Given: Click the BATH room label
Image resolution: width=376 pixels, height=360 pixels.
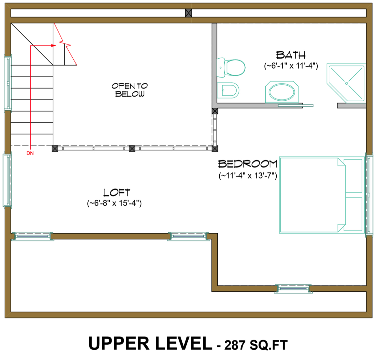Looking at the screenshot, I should [291, 55].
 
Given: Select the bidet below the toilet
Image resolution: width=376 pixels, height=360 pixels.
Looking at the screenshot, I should [228, 91].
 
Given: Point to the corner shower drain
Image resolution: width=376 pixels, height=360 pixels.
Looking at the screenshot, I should [347, 83].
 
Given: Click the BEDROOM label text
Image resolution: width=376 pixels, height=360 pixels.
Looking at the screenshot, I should [248, 164].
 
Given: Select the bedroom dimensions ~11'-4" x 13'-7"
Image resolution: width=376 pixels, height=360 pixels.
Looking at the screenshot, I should [248, 175].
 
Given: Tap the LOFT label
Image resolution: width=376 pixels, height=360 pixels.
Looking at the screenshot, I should [117, 192].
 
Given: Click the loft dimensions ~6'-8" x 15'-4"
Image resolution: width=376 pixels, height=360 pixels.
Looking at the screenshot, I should [114, 203].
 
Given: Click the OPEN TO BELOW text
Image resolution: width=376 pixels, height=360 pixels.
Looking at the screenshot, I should [129, 90].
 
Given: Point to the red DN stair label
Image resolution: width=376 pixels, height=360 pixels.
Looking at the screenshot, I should [30, 153].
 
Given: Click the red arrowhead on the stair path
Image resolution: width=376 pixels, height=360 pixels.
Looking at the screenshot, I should [54, 45].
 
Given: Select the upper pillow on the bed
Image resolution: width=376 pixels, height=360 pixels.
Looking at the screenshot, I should [353, 176].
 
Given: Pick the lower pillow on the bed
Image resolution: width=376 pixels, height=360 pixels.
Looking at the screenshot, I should [353, 214].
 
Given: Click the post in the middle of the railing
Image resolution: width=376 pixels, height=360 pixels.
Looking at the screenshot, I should [132, 148].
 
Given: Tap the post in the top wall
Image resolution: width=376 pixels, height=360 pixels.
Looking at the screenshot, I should [188, 13].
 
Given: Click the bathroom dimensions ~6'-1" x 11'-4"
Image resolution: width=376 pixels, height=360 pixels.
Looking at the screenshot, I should [291, 66].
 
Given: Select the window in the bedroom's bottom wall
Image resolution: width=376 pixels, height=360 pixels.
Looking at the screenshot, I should [293, 289].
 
